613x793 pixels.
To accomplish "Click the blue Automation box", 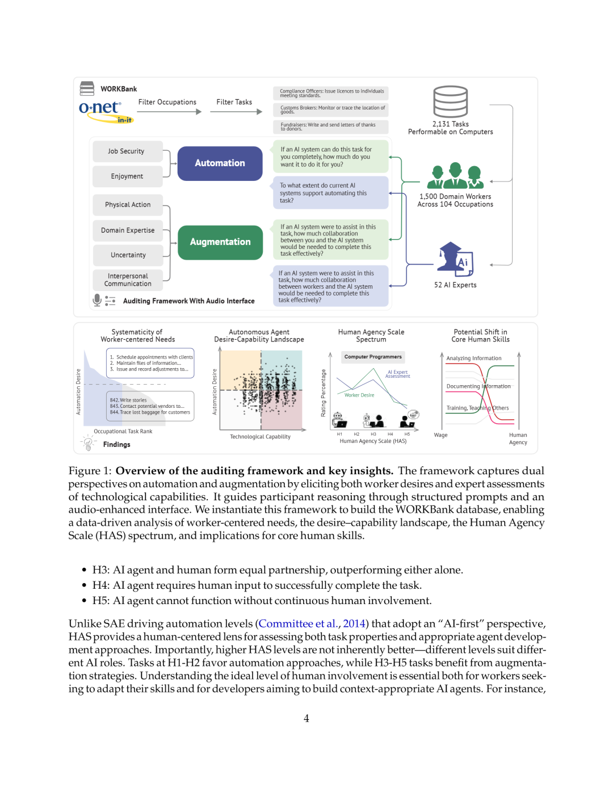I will (220, 163).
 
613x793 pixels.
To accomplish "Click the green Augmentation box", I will (220, 242).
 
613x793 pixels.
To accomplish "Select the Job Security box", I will (127, 151).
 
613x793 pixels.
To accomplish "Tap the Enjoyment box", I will (127, 176).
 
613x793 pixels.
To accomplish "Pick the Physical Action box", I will (127, 205).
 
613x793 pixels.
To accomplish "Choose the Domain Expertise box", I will (127, 230).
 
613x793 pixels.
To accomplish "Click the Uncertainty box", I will (127, 255).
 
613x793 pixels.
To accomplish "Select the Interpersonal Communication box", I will (127, 280).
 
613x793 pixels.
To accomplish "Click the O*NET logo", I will (101, 109).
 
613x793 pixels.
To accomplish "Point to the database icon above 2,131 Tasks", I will (451, 102).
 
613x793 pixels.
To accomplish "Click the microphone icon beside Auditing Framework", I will (97, 300).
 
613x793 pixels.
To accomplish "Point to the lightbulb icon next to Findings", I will (88, 444).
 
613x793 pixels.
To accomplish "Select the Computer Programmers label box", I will (373, 357).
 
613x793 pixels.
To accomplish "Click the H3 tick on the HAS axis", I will (373, 434).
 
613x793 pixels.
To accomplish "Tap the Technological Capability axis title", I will (260, 437).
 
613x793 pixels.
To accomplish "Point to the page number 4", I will (306, 719).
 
